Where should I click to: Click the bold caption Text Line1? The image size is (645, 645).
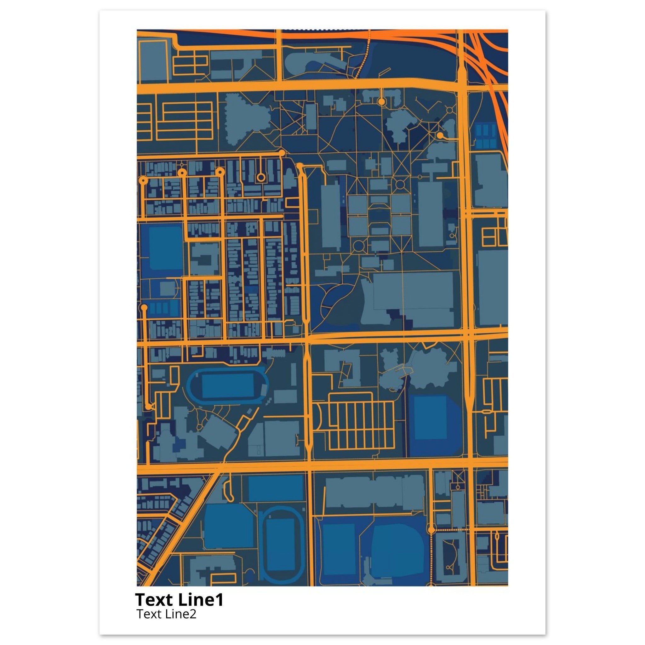pos(179,600)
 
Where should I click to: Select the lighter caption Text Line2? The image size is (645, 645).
pos(166,614)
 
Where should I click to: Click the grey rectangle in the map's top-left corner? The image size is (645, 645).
pos(152,62)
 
